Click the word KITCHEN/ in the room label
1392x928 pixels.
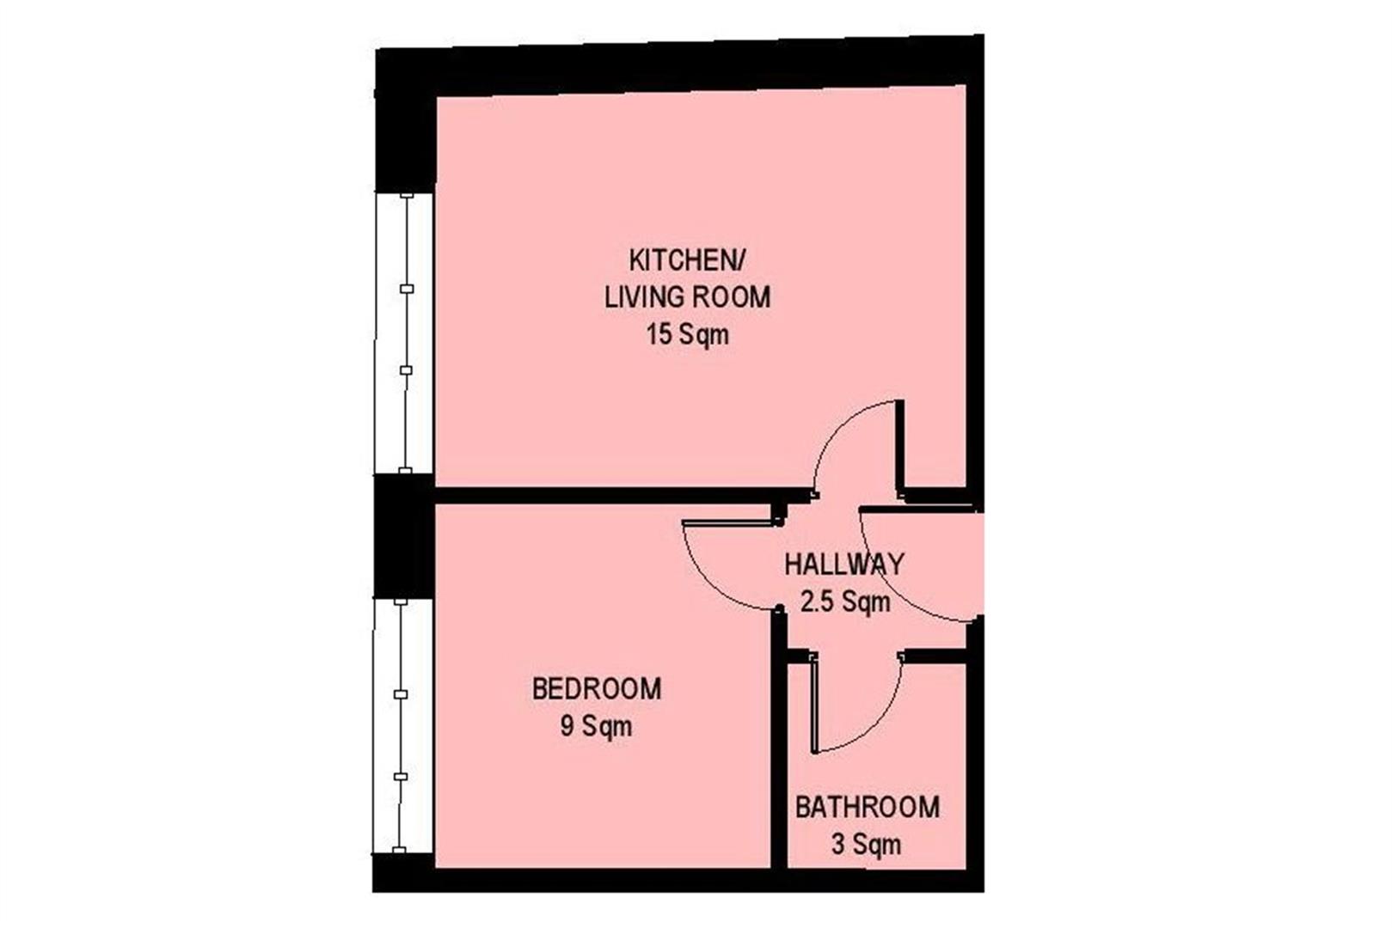[686, 261]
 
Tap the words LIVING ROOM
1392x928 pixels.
[687, 297]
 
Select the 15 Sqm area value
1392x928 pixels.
[687, 334]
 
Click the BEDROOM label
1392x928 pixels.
[597, 689]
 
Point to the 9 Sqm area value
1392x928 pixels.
[596, 725]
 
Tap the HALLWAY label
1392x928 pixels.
[844, 564]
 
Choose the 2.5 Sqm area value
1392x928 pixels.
[845, 601]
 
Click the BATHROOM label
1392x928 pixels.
[868, 807]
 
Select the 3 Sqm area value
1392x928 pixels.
[867, 844]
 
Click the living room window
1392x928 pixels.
[405, 333]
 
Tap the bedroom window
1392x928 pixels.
[402, 725]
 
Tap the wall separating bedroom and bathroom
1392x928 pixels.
[779, 739]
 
